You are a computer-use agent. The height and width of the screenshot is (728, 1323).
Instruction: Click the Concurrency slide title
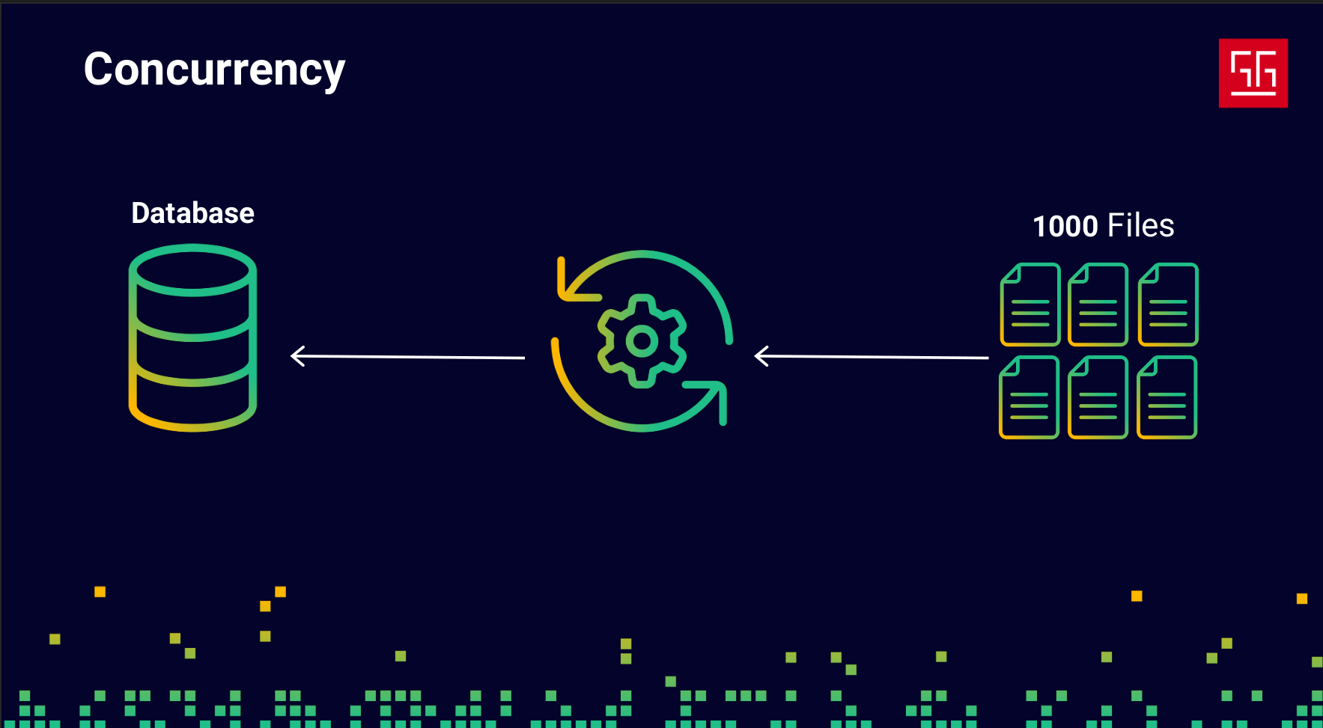(x=214, y=70)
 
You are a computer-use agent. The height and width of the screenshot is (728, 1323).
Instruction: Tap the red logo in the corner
(x=1253, y=73)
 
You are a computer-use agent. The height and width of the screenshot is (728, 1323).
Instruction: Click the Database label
(x=192, y=213)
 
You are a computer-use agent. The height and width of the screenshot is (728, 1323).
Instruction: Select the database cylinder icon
(x=192, y=338)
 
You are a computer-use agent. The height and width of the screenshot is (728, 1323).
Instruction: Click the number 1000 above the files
(x=1065, y=226)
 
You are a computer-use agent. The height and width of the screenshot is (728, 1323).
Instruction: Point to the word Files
(x=1140, y=226)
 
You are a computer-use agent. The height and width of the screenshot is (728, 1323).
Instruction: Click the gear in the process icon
(x=642, y=341)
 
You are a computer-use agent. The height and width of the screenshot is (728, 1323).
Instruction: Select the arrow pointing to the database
(x=408, y=357)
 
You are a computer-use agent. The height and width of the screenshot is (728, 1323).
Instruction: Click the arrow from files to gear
(x=871, y=357)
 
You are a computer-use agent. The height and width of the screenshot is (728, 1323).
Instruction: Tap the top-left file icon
(x=1030, y=305)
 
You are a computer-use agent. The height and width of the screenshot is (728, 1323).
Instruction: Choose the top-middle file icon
(x=1098, y=305)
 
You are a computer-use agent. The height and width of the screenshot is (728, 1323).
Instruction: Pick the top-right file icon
(x=1168, y=305)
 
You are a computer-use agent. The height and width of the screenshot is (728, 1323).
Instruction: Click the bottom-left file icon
(x=1029, y=397)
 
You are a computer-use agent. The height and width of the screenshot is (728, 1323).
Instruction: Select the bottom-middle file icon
(x=1098, y=397)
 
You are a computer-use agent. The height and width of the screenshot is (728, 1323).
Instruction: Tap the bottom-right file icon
(x=1167, y=397)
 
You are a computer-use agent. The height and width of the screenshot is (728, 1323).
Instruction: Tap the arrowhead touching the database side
(x=297, y=356)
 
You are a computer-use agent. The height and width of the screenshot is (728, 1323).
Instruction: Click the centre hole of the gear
(x=642, y=341)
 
